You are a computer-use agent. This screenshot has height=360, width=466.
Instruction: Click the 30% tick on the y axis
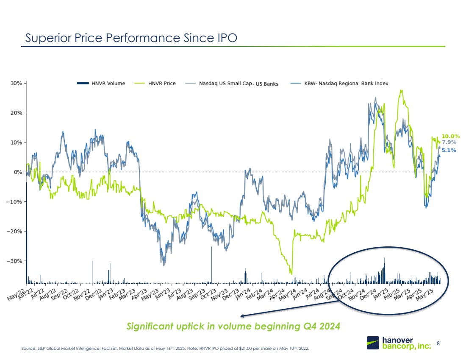click(17, 83)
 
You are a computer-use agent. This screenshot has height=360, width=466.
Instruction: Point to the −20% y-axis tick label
click(15, 231)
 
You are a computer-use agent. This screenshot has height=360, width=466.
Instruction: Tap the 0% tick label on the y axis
click(18, 172)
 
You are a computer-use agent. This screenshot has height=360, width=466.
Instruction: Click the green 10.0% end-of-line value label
click(451, 136)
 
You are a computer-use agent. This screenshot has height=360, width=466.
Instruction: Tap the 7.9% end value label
click(449, 142)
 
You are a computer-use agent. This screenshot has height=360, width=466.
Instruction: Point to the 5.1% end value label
click(449, 150)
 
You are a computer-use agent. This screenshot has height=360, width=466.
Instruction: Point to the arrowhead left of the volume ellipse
click(242, 315)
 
